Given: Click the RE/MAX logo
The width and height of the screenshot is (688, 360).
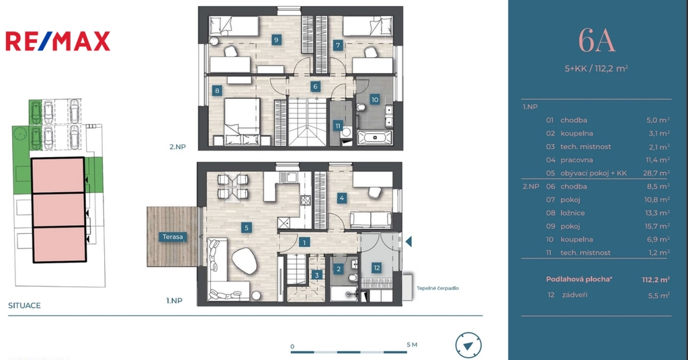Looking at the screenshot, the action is pos(58,41).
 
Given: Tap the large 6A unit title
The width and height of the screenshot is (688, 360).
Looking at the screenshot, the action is pos(597,41).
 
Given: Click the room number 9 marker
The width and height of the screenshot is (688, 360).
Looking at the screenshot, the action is pos(276,40).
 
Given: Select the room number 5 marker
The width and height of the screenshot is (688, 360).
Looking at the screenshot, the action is pos(246,228).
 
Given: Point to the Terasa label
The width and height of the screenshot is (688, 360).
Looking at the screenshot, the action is pos(173,237).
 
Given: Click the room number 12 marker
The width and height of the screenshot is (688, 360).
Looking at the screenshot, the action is pos(376,268).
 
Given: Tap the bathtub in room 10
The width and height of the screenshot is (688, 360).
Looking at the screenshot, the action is pos(375,137).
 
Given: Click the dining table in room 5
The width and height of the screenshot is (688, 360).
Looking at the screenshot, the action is pos(233,186).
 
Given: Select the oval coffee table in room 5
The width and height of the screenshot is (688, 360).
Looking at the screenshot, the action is pos(245,261).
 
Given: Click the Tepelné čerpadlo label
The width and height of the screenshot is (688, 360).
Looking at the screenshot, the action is pos(437,288).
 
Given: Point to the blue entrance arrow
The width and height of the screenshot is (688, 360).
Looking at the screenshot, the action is pos(408,241).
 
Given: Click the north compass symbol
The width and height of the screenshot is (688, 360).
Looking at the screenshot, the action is pos(468,345).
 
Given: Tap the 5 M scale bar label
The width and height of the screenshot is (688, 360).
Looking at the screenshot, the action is pos(412,345).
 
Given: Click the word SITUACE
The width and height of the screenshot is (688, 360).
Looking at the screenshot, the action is pos(24,305).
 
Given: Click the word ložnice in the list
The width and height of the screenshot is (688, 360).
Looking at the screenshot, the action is pos(572,213).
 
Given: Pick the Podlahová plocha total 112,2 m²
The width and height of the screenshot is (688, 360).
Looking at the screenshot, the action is pos(656,279).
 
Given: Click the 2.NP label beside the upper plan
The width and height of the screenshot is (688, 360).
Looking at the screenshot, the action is pos(177,147).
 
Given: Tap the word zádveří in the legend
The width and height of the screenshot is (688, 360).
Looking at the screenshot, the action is pos(575,295).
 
